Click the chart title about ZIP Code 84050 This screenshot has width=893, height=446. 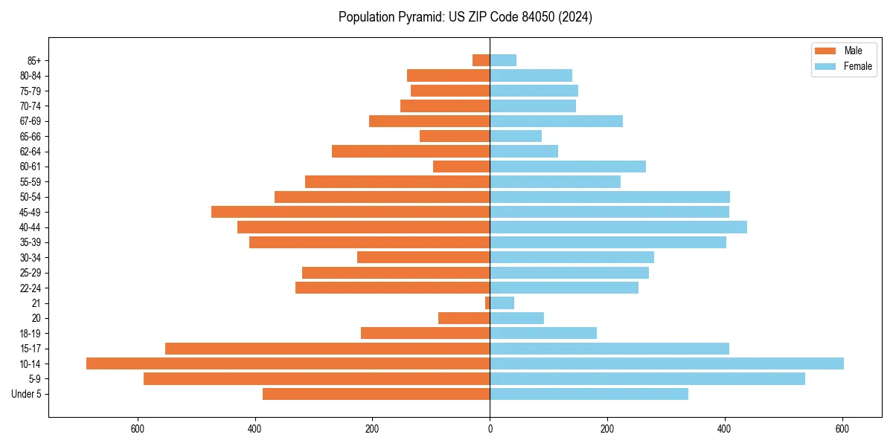[x=465, y=17]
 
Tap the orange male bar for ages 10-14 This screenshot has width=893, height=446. [x=288, y=363]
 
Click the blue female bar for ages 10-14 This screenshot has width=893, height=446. [x=667, y=363]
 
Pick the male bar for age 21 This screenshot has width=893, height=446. [x=487, y=303]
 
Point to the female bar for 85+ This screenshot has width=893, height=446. [x=503, y=60]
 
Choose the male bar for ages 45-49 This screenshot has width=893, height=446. [x=351, y=212]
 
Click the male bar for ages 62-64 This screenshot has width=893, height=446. [x=411, y=151]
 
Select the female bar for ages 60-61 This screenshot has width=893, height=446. [x=568, y=167]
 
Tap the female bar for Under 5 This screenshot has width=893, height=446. [x=589, y=394]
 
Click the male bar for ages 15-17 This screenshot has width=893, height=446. [x=327, y=349]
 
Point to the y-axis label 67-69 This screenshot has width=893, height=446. [x=31, y=121]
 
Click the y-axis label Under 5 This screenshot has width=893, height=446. [x=26, y=394]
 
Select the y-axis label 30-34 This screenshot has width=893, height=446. [x=31, y=257]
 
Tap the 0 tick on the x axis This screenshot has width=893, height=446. [x=490, y=429]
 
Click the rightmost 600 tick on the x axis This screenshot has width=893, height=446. [x=842, y=429]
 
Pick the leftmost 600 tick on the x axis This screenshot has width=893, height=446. [x=137, y=429]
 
